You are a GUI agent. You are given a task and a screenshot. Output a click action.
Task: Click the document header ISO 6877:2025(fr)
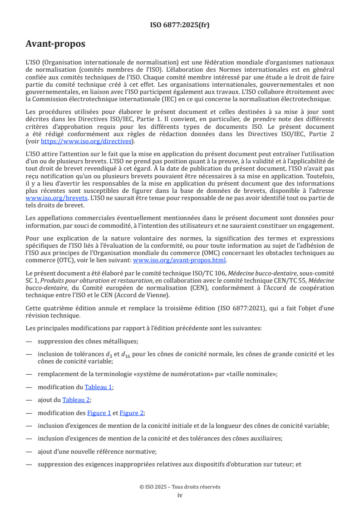click(x=180, y=25)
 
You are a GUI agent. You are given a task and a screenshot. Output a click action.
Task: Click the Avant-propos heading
click(x=55, y=44)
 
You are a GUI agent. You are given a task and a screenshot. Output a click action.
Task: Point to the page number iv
click(x=180, y=495)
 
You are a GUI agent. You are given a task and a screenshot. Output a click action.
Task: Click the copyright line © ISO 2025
click(x=180, y=487)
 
